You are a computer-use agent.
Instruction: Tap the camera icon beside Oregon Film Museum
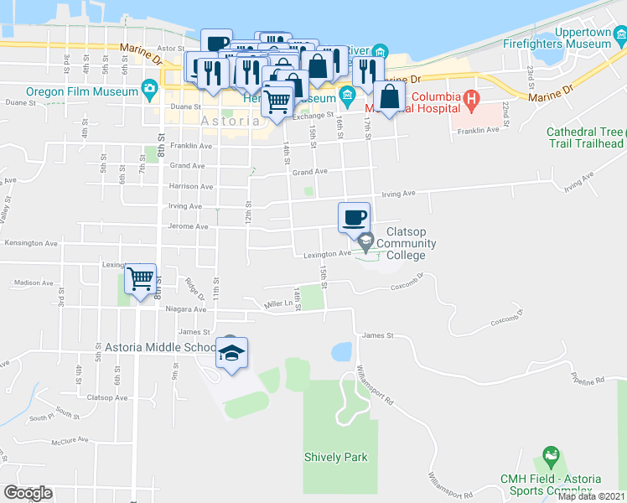pos(149,88)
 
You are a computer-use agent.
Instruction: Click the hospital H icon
pos(471,101)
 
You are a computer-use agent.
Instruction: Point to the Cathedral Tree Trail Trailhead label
pos(585,137)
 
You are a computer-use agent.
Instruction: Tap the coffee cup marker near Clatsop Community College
pos(355,218)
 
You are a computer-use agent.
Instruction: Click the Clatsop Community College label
pos(406,244)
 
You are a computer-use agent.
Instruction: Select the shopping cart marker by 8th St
pos(141,277)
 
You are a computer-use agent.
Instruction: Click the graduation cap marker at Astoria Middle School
pos(231,353)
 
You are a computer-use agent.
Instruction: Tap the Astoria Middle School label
pos(160,347)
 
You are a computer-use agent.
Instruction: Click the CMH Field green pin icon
pos(550,459)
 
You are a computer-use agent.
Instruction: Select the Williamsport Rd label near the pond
pos(375,385)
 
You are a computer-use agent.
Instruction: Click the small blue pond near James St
pos(342,351)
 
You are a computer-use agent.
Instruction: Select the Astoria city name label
pos(231,121)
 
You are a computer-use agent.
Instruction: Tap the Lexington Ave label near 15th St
pos(333,253)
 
